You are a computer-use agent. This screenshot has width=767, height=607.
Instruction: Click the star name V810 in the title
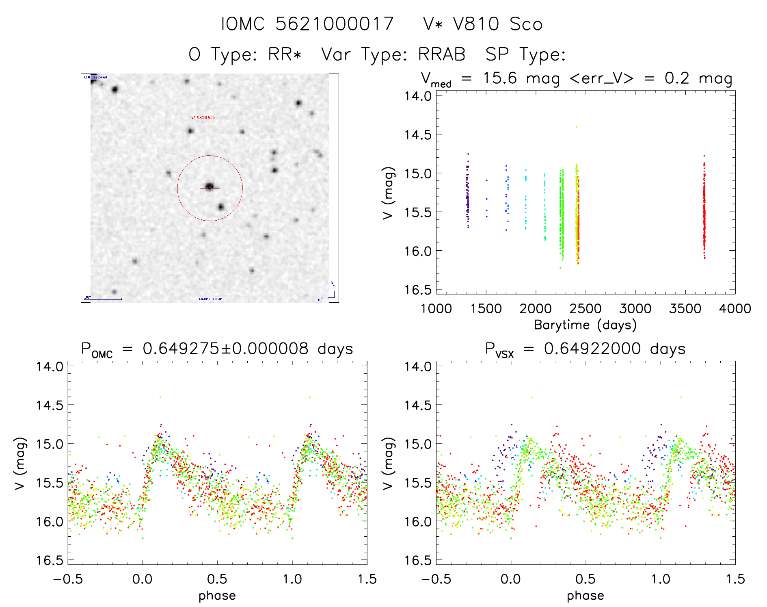tap(476, 24)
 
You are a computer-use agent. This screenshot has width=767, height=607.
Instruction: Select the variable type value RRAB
tap(442, 54)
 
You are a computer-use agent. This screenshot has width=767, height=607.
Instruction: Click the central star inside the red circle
tap(210, 186)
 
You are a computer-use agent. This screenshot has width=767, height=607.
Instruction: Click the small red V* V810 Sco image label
tap(203, 118)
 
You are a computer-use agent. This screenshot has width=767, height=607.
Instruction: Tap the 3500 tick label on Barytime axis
tap(685, 309)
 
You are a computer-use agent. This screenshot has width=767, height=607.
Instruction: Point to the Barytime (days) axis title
tap(585, 325)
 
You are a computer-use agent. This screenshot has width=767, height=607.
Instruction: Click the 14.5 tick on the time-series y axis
tap(418, 134)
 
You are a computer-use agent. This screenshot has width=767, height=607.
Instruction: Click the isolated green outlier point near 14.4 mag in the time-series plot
tap(576, 127)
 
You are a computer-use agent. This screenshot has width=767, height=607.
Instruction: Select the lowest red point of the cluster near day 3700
tap(704, 258)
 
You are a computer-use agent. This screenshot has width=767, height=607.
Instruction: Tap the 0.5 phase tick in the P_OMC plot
tap(217, 579)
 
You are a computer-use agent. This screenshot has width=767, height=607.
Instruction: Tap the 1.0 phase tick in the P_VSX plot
tap(661, 579)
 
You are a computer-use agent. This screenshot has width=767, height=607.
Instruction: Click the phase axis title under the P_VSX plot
tap(585, 596)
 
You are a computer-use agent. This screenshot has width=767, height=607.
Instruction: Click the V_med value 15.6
tap(500, 78)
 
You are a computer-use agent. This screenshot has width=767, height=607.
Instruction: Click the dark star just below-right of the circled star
tap(220, 207)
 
